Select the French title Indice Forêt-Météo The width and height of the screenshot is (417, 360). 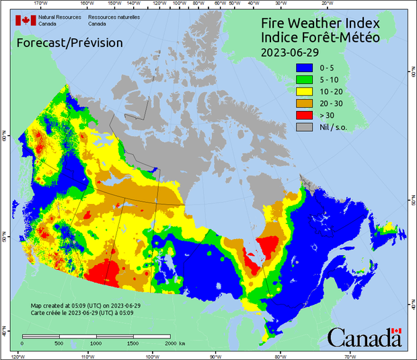point(319,38)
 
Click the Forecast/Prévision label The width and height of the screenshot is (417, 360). point(69,43)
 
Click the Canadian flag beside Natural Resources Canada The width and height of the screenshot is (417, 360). point(26,20)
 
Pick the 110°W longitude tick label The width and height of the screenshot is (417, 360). point(87,356)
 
